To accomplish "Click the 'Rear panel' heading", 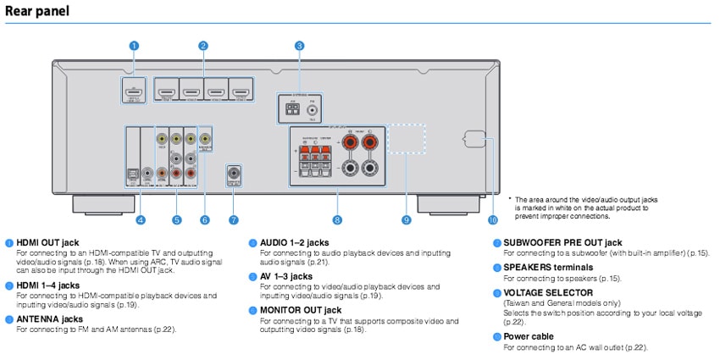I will pyautogui.click(x=36, y=11).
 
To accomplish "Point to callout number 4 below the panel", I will pyautogui.click(x=141, y=220).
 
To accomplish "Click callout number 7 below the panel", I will pyautogui.click(x=234, y=220).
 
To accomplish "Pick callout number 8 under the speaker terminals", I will pyautogui.click(x=337, y=220).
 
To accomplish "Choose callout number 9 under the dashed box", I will pyautogui.click(x=407, y=220).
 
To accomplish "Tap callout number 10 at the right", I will pyautogui.click(x=493, y=220).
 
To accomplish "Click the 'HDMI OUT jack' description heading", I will pyautogui.click(x=47, y=242).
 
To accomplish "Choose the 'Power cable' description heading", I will pyautogui.click(x=529, y=336).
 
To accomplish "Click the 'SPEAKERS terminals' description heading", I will pyautogui.click(x=548, y=268).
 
